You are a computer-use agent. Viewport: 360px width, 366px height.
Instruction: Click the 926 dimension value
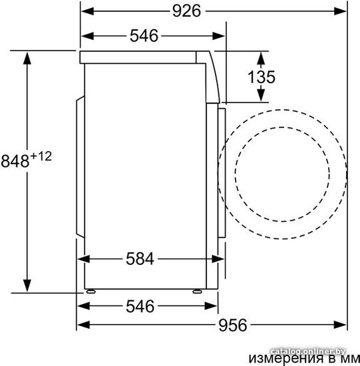click(186, 11)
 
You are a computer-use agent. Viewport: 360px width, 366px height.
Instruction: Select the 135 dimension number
click(262, 77)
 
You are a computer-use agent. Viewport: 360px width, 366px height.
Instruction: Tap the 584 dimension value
click(140, 259)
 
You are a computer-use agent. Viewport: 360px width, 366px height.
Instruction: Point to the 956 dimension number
click(232, 325)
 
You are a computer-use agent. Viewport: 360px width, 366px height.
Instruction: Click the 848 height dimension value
click(15, 161)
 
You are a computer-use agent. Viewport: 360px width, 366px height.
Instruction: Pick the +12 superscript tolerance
click(41, 156)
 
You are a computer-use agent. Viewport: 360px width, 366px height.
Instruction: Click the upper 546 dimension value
click(144, 36)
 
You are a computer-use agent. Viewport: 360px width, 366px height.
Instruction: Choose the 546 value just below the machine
click(140, 306)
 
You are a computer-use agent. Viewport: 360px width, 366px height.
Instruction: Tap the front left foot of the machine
click(197, 291)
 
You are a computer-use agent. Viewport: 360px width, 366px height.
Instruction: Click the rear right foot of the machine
click(90, 291)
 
